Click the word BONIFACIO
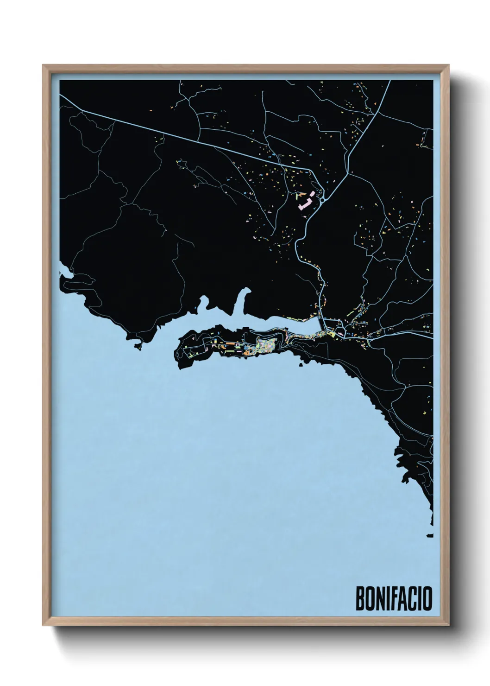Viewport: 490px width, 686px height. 393,598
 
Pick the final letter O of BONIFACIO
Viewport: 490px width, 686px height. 427,598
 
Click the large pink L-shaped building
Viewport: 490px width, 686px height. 305,203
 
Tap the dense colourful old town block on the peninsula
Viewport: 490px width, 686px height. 266,345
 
